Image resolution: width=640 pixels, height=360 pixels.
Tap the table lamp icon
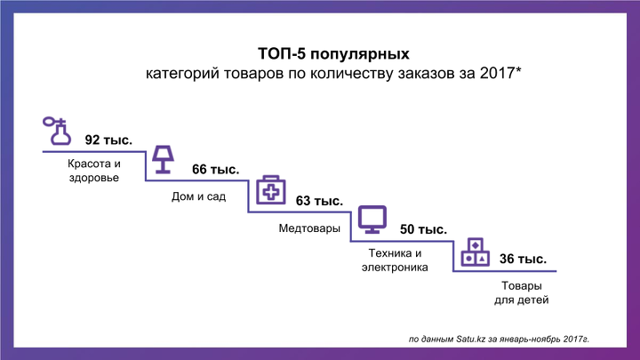pos(163,160)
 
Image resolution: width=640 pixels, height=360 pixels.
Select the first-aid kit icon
pos(270,190)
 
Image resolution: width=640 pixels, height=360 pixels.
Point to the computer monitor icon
pos(372,220)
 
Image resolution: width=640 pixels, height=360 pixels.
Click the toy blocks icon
pos(475,252)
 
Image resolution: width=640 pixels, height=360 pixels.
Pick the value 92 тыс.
pos(108,140)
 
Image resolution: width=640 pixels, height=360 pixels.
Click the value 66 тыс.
pos(215,170)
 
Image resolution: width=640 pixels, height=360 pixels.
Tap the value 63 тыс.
pos(319,201)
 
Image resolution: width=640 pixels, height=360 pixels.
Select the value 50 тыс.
pos(423,229)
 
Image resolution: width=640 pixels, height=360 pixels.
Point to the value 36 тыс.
pos(523,259)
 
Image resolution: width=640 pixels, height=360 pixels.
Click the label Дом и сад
pos(198,196)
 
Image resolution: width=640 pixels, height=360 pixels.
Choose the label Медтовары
pos(309,228)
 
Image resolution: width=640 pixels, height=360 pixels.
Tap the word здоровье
pos(94,178)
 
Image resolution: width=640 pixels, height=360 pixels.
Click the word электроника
pos(395,268)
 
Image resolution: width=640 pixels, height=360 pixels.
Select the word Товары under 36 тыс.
pos(521,285)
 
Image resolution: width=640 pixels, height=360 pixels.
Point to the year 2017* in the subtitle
pos(500,73)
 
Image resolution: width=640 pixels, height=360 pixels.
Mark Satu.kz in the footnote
pos(470,340)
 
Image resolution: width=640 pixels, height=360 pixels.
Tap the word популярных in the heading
pos(360,54)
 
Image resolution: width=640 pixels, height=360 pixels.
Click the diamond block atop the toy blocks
pos(475,245)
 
